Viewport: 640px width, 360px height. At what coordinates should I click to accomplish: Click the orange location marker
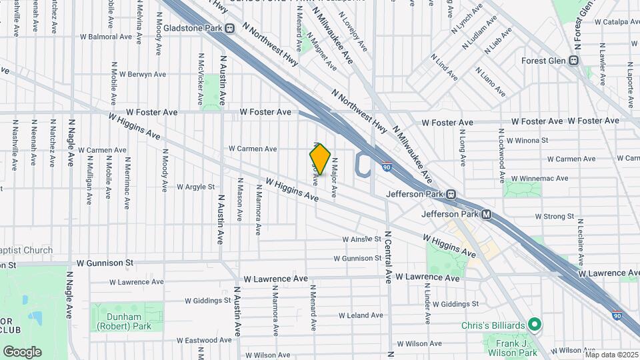321,159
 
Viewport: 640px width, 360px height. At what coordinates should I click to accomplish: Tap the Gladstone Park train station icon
230,29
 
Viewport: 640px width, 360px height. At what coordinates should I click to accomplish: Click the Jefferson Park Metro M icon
487,215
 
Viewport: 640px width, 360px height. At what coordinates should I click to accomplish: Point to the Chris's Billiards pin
533,325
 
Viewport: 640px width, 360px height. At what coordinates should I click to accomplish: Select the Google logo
22,352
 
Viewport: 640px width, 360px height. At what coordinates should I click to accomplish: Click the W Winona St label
527,141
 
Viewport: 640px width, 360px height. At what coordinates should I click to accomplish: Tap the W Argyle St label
196,187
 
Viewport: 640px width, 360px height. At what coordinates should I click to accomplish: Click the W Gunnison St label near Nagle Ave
105,264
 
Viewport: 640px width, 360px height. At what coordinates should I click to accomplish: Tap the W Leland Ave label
361,315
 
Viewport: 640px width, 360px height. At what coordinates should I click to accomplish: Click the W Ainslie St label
361,239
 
